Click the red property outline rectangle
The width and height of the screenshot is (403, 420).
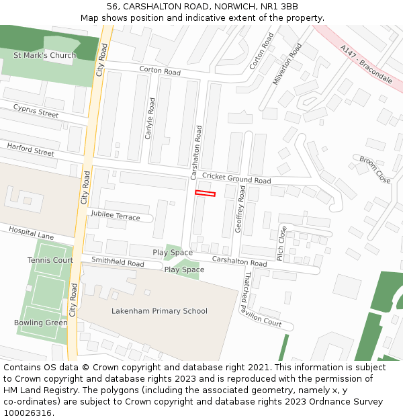(x=205, y=194)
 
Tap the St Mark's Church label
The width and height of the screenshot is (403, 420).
(x=45, y=55)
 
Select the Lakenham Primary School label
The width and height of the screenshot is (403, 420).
(x=159, y=311)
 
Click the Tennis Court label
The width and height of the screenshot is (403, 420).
(x=50, y=260)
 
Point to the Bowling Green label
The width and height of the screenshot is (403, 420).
(x=41, y=323)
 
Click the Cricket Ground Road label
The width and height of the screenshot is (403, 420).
(x=236, y=178)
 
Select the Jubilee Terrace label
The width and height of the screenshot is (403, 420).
(x=116, y=215)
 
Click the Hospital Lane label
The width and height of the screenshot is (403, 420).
(x=31, y=233)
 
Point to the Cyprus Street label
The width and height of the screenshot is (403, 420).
(x=36, y=111)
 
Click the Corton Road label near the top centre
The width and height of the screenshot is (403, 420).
(x=160, y=71)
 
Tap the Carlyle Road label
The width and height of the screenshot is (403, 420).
(x=150, y=118)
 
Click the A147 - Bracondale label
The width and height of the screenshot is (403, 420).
(x=366, y=64)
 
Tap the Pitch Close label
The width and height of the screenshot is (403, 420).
(x=282, y=242)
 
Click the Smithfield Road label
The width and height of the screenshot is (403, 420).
(x=118, y=263)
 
